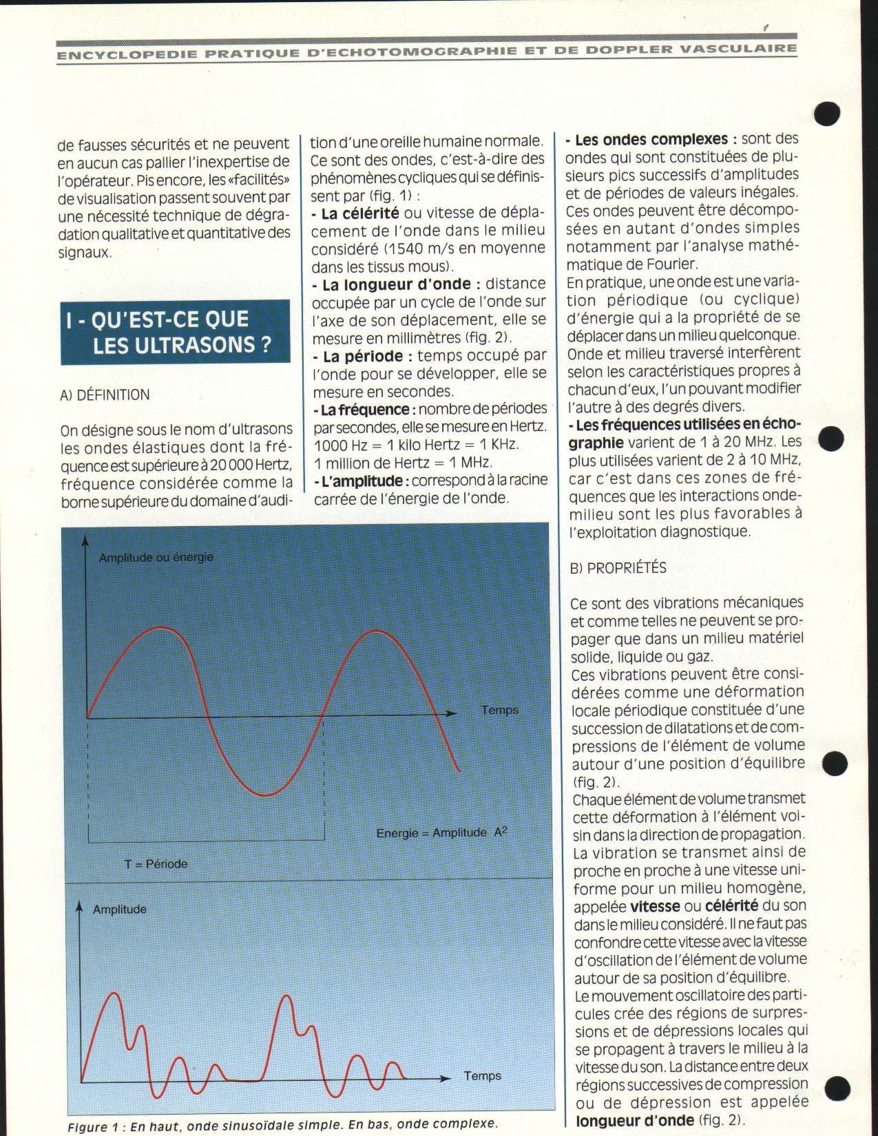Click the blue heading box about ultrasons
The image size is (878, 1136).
(175, 332)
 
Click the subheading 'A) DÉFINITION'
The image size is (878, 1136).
(105, 395)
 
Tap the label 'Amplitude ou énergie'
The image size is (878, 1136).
(156, 558)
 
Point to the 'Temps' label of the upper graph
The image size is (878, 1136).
(499, 710)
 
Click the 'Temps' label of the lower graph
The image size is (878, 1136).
(482, 1076)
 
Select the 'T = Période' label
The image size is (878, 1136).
(156, 864)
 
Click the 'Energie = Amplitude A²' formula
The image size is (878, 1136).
(441, 832)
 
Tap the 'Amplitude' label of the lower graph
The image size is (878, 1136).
(120, 909)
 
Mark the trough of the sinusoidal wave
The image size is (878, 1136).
(264, 796)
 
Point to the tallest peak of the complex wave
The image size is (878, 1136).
(284, 996)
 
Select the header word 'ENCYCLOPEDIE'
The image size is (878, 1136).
(127, 54)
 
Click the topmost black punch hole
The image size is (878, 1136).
(826, 113)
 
